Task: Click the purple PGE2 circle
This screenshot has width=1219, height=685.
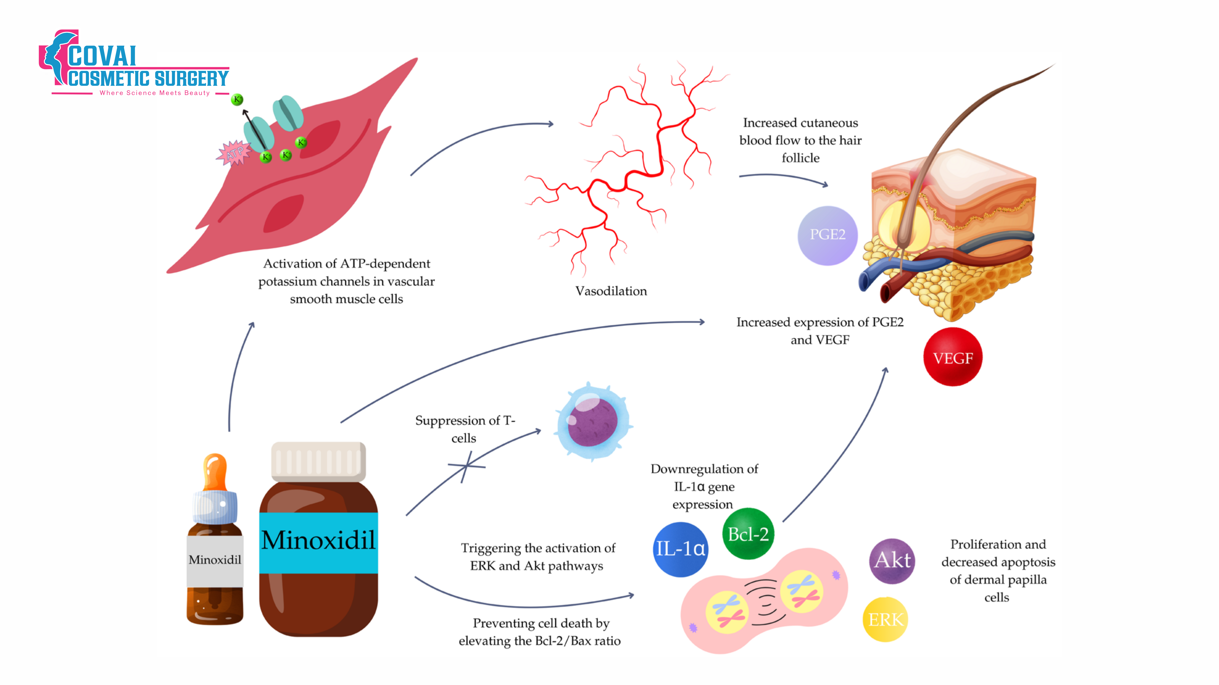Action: pyautogui.click(x=827, y=235)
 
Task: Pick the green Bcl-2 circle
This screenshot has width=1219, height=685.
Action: pyautogui.click(x=748, y=534)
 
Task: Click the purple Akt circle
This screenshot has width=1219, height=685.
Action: pyautogui.click(x=892, y=561)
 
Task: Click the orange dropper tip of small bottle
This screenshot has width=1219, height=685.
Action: pyautogui.click(x=215, y=470)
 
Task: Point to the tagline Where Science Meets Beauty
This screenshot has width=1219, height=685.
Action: pyautogui.click(x=155, y=93)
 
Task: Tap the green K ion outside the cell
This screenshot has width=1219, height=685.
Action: pyautogui.click(x=237, y=99)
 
